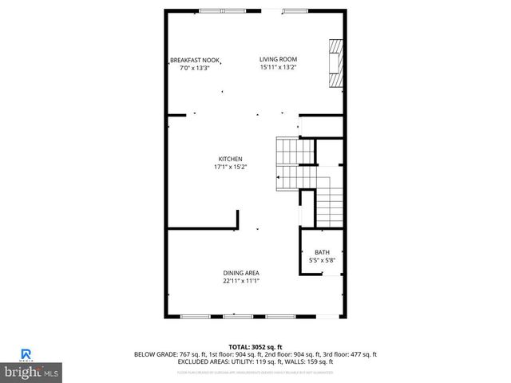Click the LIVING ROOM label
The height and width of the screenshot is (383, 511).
click(277, 59)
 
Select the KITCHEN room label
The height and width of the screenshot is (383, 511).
click(230, 159)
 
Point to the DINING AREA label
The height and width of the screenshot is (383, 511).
click(240, 273)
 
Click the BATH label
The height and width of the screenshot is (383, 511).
click(322, 252)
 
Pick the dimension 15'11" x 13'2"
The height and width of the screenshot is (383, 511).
click(277, 68)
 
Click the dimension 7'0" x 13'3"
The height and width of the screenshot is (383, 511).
click(194, 69)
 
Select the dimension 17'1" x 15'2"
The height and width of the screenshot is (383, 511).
click(230, 168)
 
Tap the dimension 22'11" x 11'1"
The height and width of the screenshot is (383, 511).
click(240, 281)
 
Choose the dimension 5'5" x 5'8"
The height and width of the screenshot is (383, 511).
click(322, 260)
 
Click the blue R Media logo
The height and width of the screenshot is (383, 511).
click(26, 355)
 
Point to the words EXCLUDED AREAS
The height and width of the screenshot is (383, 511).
click(198, 362)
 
